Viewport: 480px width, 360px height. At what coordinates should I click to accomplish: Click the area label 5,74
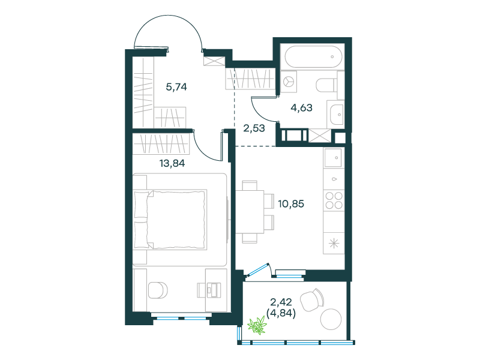[x=176, y=87]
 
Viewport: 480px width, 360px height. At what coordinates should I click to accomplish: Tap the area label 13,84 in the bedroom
[x=172, y=163]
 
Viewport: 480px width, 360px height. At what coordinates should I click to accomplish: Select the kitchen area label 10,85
[x=291, y=204]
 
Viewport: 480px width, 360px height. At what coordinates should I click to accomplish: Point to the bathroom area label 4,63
[x=302, y=108]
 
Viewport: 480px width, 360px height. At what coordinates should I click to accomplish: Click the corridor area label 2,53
[x=254, y=128]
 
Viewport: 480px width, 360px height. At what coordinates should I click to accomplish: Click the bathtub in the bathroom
[x=313, y=57]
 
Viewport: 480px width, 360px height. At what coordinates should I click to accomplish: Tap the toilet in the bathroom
[x=326, y=85]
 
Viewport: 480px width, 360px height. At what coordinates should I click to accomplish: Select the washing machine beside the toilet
[x=289, y=82]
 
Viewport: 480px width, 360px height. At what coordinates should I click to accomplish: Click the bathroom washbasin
[x=336, y=115]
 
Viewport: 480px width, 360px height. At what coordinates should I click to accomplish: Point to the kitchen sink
[x=333, y=158]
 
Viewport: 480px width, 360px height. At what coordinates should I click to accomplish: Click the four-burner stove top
[x=334, y=200]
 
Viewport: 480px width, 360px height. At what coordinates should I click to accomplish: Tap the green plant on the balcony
[x=257, y=325]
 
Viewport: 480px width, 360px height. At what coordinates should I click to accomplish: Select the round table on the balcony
[x=331, y=319]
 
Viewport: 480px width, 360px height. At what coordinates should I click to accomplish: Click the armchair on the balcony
[x=312, y=299]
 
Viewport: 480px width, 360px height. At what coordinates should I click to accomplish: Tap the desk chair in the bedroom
[x=158, y=290]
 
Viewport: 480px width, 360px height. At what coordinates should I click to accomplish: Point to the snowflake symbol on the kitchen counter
[x=334, y=244]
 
